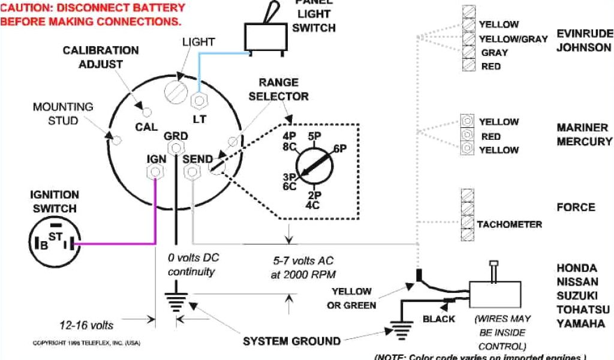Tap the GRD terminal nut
[176, 148]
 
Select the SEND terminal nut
[192, 172]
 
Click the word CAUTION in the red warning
[26, 8]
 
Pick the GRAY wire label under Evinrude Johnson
[495, 53]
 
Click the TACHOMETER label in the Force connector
[509, 224]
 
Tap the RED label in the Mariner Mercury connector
[490, 136]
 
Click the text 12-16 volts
[86, 325]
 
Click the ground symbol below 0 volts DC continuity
[176, 301]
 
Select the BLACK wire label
[439, 319]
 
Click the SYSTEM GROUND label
[291, 341]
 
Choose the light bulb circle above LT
[178, 91]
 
